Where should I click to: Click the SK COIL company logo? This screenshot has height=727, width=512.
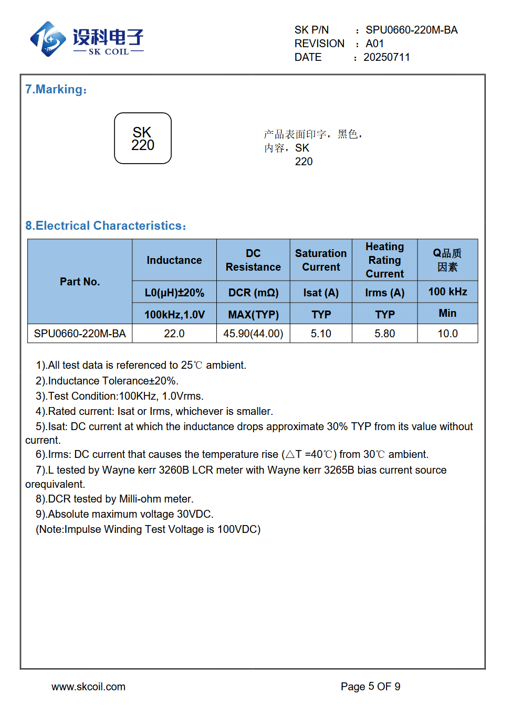87,39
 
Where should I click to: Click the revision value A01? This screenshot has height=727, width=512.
374,44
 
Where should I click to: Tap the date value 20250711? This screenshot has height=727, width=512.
386,57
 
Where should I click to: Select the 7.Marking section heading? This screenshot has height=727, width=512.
56,89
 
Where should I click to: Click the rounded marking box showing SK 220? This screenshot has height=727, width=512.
143,138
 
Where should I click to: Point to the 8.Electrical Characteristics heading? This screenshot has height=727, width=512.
106,226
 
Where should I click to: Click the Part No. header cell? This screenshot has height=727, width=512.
80,282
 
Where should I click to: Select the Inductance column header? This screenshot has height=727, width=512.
174,260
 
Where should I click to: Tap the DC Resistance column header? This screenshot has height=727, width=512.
253,260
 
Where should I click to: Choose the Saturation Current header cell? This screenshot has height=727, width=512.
321,260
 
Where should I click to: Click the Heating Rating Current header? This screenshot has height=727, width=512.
385,260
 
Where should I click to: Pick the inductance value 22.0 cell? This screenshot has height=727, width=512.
174,334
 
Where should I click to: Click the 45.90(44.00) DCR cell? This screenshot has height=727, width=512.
253,334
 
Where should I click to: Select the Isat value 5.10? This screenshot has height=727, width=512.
321,334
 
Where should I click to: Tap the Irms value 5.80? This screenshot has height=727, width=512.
385,334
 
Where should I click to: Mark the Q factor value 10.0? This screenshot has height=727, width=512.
447,334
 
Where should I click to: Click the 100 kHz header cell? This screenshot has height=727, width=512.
447,292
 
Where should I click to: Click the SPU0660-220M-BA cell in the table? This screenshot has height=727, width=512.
80,334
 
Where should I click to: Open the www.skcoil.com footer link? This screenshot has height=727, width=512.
88,687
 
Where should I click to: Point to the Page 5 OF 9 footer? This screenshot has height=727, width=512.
370,687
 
